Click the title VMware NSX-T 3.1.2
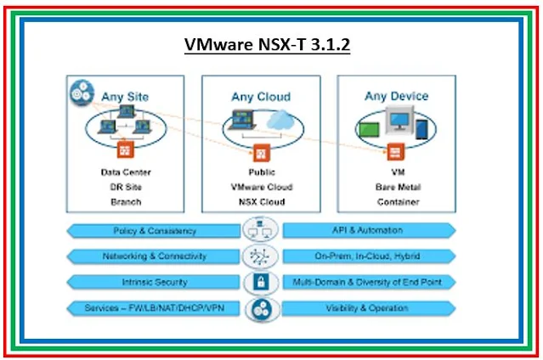pos(269,44)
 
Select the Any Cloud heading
pos(261,97)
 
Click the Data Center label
pos(125,172)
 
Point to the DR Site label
pos(125,187)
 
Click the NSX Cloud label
pos(261,202)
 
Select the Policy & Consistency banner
pos(155,230)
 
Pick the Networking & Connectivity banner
pos(155,256)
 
